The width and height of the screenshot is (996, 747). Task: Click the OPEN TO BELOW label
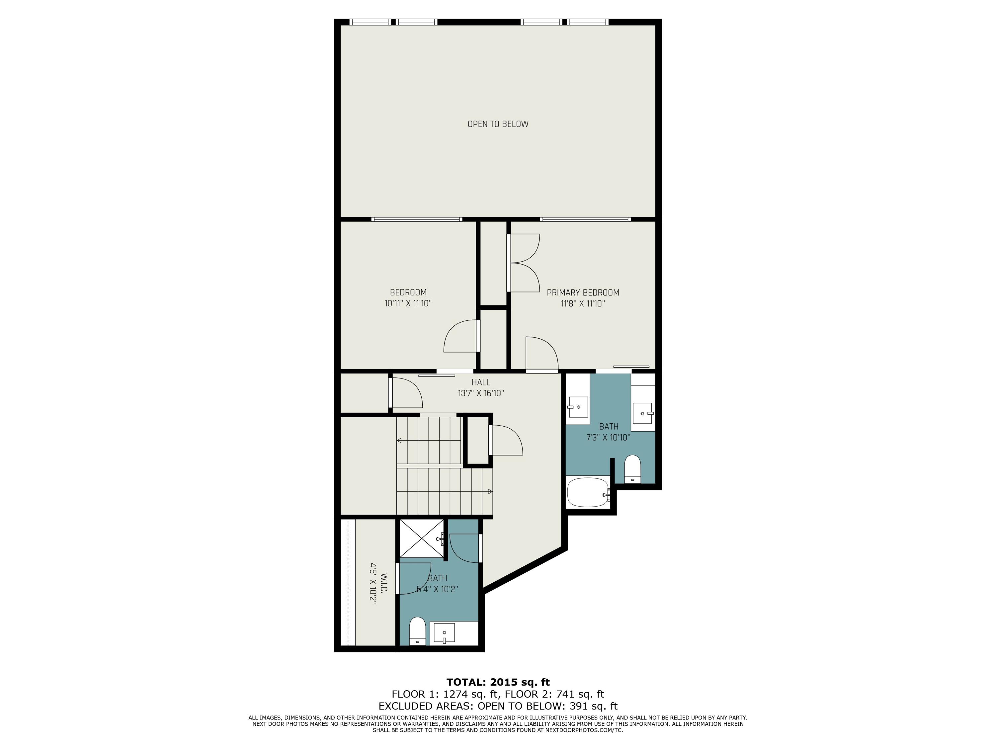[x=498, y=124]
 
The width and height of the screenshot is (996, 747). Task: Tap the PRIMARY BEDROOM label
[x=583, y=293]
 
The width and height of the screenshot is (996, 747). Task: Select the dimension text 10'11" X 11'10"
[x=408, y=303]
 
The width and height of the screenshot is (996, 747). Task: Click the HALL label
[x=481, y=382]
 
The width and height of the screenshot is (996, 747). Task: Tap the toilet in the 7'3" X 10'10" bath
[x=633, y=469]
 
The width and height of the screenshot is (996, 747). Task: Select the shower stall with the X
[x=421, y=539]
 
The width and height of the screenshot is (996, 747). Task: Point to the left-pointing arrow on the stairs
[x=399, y=440]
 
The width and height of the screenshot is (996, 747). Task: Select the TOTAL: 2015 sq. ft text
[x=498, y=682]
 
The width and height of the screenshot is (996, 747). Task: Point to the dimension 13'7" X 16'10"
[x=481, y=393]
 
